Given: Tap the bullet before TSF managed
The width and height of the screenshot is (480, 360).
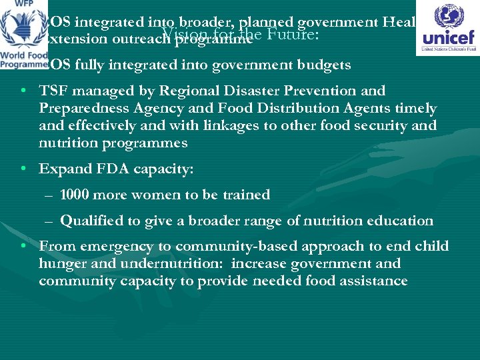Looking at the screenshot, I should coord(24,91).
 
